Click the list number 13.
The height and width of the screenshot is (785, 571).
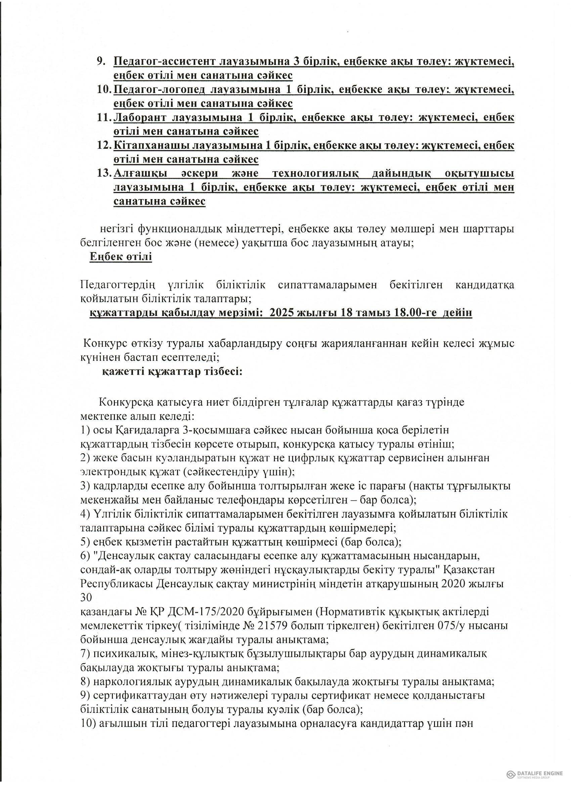(103, 173)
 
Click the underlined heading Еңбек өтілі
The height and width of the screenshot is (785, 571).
(121, 257)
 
